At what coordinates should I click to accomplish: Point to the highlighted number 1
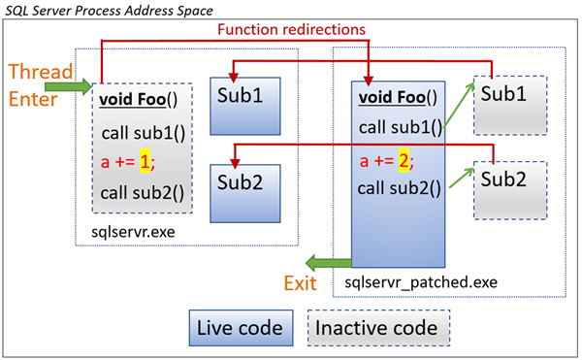pos(145,164)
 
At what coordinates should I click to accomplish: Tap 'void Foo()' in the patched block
pos(399,97)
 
